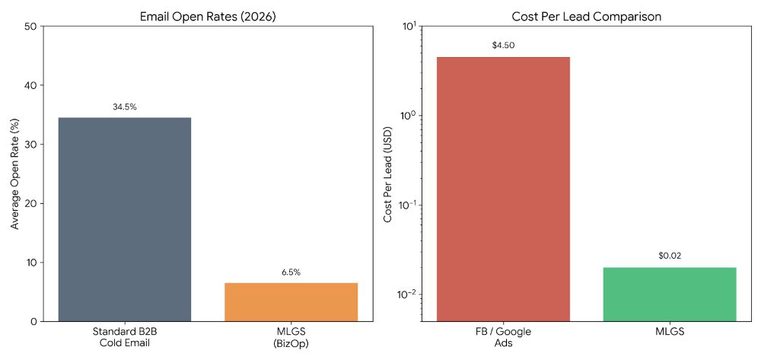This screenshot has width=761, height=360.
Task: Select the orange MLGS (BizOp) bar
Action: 291,301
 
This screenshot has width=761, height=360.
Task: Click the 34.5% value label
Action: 125,107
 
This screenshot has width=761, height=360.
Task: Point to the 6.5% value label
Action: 291,272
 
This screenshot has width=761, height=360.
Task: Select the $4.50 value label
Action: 503,46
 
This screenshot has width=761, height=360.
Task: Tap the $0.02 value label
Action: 670,256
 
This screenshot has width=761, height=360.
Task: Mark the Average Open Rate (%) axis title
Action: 14,174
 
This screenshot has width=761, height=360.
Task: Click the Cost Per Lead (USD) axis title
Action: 387,174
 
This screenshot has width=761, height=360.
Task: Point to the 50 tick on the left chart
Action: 32,27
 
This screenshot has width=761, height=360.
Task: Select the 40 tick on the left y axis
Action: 32,85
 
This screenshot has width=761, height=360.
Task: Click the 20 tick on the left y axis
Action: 32,203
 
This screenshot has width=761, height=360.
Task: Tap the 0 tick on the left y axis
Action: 35,321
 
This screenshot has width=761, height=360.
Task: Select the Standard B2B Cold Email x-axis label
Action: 125,337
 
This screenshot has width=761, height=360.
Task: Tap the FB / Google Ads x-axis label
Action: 503,337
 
